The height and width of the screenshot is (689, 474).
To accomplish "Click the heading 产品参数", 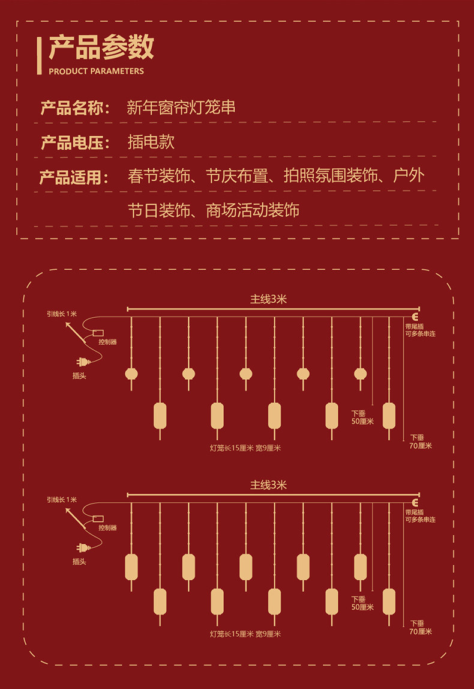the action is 101,48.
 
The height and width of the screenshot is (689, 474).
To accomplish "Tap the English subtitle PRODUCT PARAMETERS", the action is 96,71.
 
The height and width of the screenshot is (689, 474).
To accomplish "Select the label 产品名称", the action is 75,108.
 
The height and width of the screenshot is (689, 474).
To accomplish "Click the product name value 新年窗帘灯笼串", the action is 181,108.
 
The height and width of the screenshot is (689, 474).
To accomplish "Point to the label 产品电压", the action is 75,143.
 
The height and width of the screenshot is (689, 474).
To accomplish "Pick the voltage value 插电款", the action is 151,142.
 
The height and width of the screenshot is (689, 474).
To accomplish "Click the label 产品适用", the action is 75,178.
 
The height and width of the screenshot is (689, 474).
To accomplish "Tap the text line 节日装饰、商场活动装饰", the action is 213,210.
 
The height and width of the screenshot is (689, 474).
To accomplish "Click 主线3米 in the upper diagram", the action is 268,300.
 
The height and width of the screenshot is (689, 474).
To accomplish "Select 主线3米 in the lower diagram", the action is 268,485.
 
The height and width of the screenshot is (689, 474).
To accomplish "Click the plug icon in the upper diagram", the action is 81,362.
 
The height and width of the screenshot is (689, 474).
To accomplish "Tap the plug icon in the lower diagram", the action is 81,547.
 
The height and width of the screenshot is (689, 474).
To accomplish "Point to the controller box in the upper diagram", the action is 98,332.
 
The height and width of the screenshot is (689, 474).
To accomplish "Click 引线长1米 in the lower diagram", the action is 62,500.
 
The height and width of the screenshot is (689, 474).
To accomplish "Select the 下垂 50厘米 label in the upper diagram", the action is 362,417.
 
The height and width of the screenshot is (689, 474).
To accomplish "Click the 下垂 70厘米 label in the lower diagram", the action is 421,627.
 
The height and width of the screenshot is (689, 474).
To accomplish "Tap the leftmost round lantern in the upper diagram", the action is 131,374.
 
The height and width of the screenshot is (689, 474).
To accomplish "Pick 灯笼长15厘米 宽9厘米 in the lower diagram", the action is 245,634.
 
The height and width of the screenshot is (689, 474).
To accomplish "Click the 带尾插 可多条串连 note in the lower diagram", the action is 420,515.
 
